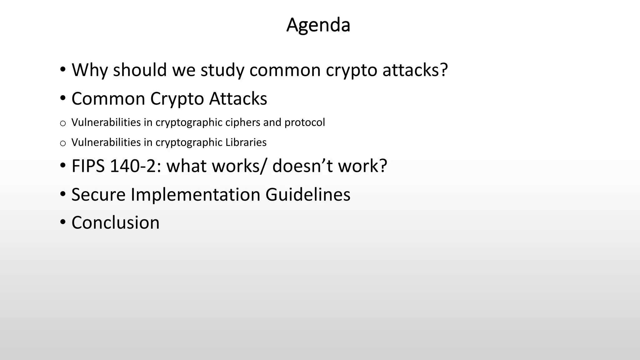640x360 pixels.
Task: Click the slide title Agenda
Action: point(318,25)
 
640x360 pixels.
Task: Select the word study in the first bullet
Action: point(222,70)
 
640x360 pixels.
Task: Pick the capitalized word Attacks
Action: point(238,99)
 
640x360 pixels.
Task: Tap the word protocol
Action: point(305,122)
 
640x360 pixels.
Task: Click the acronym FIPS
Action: point(88,166)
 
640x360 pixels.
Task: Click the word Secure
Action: point(98,195)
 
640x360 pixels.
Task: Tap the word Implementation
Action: point(195,195)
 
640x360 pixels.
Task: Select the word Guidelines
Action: point(308,195)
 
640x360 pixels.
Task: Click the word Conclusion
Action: point(115,223)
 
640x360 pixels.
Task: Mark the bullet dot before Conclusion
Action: point(63,222)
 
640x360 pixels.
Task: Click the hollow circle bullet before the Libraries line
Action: point(63,143)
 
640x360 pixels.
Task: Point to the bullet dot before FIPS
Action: point(63,165)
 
